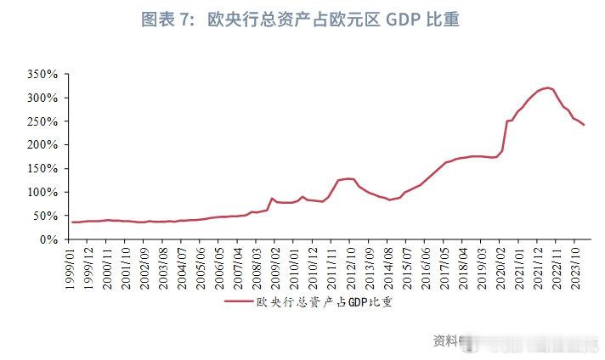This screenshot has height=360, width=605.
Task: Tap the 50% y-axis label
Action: tap(44, 217)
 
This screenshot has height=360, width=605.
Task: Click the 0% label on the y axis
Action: tap(48, 239)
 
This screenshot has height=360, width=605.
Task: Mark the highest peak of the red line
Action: tap(547, 87)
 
